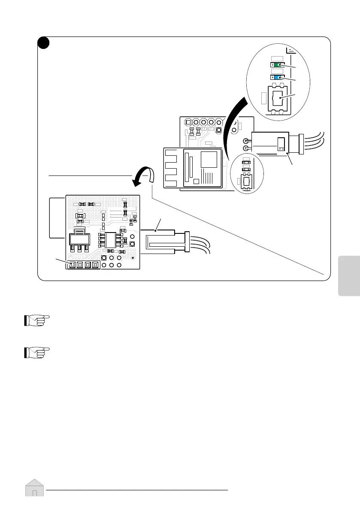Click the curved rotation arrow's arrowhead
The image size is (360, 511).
(137, 183)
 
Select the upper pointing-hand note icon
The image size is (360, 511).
(36, 321)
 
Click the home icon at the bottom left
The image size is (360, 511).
(34, 488)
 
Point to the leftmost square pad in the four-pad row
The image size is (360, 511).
(72, 265)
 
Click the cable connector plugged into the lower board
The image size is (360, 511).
(161, 243)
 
